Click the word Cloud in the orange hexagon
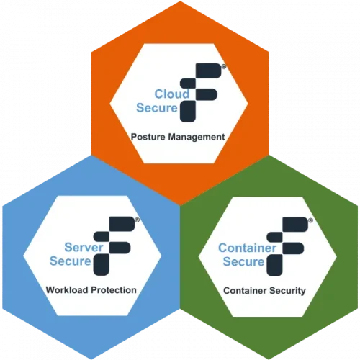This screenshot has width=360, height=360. [x=172, y=94]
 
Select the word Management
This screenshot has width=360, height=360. [x=197, y=137]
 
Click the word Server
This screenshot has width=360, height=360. [x=84, y=247]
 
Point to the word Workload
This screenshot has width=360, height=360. [x=67, y=290]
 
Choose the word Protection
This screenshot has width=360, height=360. [x=114, y=290]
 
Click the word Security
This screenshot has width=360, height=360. [x=287, y=291]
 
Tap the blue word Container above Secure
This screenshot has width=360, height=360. [x=248, y=248]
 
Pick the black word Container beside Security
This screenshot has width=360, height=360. [x=245, y=291]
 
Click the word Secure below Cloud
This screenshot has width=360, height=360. [x=157, y=108]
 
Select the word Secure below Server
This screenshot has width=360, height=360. [x=71, y=261]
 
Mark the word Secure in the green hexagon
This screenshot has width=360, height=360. [x=243, y=261]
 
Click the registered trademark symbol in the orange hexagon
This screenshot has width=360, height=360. [x=224, y=67]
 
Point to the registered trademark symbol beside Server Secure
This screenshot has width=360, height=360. [x=137, y=220]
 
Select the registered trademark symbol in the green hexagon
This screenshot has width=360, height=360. [x=310, y=220]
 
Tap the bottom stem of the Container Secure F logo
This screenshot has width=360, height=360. [x=274, y=266]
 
